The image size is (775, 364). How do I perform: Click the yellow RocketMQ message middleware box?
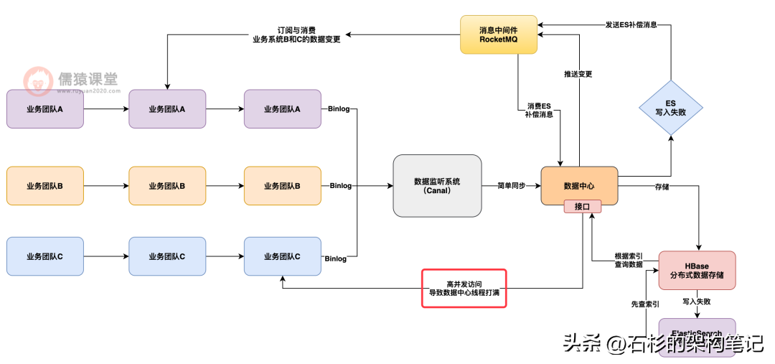[499, 34]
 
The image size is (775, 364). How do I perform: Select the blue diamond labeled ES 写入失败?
[670, 108]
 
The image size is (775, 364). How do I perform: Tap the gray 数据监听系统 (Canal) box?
[437, 185]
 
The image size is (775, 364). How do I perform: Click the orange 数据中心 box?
[579, 185]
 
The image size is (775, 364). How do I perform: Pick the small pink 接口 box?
[582, 206]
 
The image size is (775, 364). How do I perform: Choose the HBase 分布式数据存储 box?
[697, 270]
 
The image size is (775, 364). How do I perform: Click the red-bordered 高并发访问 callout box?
[464, 288]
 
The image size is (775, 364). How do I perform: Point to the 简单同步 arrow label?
[511, 185]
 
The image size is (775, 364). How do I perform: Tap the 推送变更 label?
[578, 75]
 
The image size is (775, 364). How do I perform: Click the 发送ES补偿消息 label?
[631, 25]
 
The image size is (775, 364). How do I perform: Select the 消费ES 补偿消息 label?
[538, 110]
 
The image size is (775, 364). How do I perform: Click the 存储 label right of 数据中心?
[662, 186]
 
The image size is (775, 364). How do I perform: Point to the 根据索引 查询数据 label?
[629, 260]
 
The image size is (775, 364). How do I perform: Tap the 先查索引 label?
[645, 304]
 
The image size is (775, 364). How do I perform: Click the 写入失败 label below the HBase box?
[696, 302]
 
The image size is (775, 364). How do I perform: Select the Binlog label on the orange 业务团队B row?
[341, 186]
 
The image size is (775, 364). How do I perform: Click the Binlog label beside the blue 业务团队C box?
[336, 258]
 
